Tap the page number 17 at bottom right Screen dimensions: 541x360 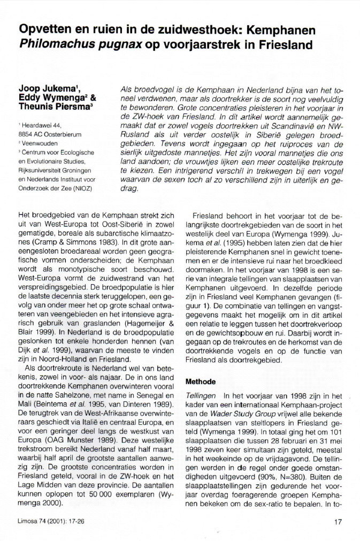pos(337,522)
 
